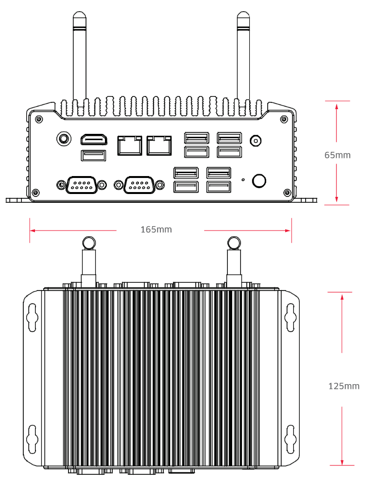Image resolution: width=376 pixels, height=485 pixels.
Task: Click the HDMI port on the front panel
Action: (94, 139)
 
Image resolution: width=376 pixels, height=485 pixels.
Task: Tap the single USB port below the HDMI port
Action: (93, 156)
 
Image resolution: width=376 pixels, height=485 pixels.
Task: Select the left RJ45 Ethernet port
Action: (130, 145)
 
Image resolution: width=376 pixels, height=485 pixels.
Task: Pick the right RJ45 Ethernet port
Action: (159, 145)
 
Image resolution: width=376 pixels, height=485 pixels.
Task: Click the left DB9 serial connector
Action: (81, 185)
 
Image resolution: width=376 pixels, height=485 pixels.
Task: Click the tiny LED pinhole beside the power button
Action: (243, 179)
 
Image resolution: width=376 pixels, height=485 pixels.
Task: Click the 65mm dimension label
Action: (337, 155)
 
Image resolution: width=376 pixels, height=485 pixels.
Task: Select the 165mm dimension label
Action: (156, 229)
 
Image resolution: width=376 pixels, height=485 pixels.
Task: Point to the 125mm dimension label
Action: (344, 386)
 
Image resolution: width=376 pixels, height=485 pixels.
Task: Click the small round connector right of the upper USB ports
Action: (254, 141)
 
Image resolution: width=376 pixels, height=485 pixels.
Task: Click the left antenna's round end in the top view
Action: (88, 242)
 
